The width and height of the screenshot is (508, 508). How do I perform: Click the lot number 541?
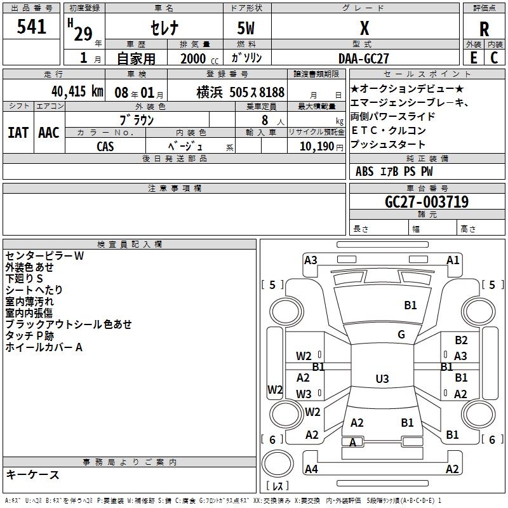[x=31, y=27]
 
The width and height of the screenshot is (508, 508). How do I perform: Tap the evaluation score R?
[x=484, y=29]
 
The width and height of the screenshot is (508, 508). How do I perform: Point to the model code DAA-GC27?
[x=364, y=58]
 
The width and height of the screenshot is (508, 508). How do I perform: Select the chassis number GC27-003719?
[x=427, y=202]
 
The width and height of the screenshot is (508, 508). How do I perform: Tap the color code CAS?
[x=105, y=146]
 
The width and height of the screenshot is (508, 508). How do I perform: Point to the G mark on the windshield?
[x=401, y=335]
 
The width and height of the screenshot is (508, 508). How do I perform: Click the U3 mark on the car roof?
[x=382, y=379]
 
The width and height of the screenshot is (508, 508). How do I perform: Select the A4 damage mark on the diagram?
[x=311, y=469]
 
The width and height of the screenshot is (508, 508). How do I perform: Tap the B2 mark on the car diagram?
[x=461, y=340]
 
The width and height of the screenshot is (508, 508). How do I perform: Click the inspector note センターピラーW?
[x=44, y=256]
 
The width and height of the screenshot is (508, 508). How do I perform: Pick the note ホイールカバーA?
[x=44, y=347]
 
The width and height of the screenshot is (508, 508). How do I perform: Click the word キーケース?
[x=33, y=474]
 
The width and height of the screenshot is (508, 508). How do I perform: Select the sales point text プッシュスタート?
[x=388, y=145]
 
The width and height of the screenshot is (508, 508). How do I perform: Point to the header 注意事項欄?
[x=174, y=189]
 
